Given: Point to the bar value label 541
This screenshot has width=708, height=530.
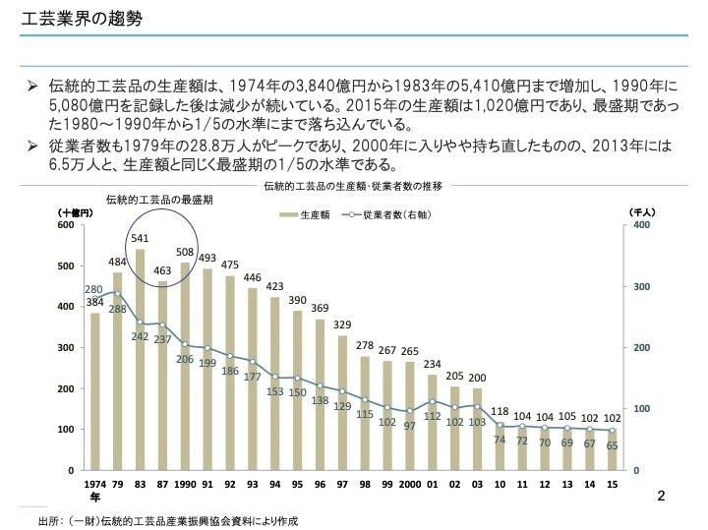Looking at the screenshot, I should coord(140,238).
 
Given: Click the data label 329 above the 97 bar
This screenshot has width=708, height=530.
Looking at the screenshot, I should coord(342,324).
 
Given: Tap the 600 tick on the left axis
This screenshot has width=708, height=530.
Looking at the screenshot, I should coord(65,225).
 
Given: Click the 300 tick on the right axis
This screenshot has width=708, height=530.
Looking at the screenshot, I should coord(640,286).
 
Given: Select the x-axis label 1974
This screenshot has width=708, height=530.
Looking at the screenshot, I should coord(95,485).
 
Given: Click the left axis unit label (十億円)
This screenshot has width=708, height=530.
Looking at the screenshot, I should coord(76,211).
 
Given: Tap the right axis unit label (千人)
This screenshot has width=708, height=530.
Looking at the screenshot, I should coord(641,211).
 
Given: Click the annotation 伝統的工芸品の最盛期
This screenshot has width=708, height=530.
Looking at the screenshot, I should coord(159,199).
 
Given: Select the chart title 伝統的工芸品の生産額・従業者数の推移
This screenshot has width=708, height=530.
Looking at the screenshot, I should coord(353,185).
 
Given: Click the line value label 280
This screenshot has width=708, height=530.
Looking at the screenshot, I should coord(94,289).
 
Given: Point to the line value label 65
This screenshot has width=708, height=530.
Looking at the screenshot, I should coord(613,445).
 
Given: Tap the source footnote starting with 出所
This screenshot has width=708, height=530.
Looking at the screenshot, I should coord(167,519).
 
